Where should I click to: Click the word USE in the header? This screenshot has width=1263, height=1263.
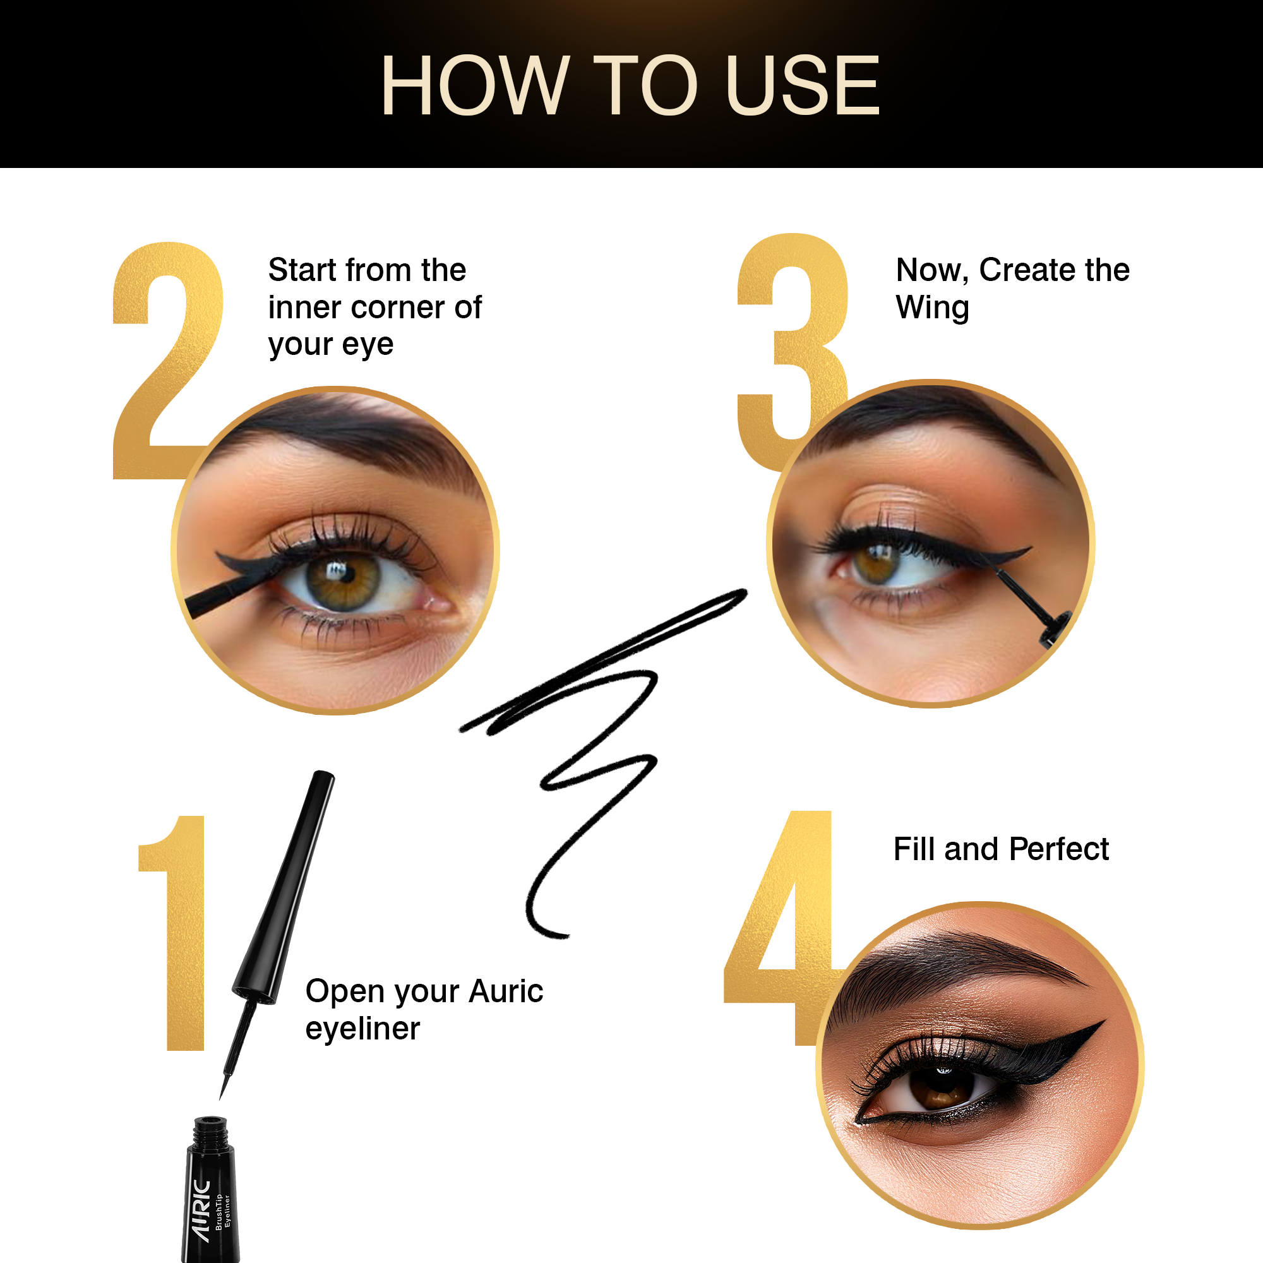click(x=803, y=86)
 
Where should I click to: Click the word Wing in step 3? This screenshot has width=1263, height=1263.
click(x=932, y=308)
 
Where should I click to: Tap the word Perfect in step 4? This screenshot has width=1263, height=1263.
click(x=1059, y=849)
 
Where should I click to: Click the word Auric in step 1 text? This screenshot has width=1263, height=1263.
click(x=506, y=991)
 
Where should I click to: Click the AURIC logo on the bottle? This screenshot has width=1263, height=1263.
click(x=201, y=1210)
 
